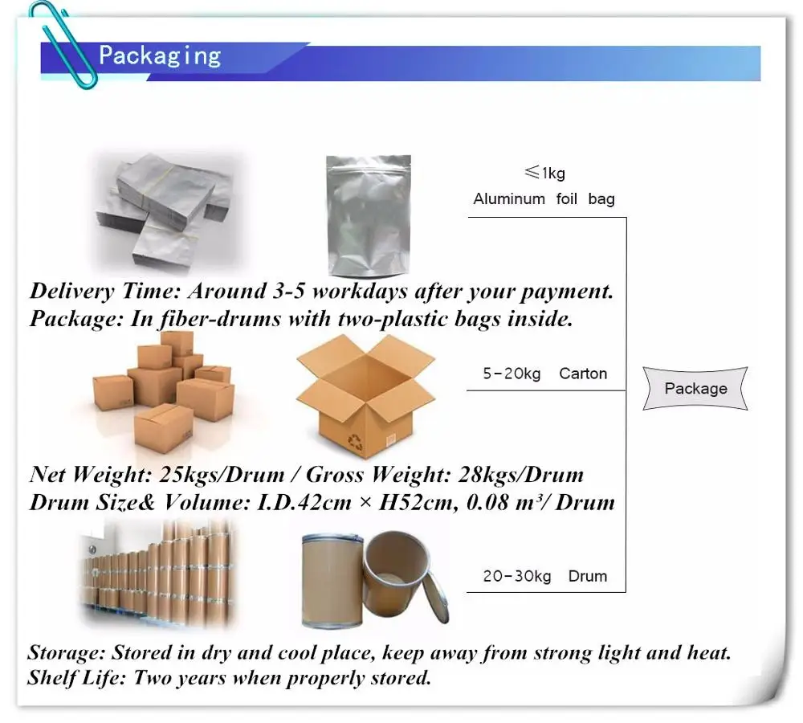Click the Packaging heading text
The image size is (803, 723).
(159, 55)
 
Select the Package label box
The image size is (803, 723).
(695, 389)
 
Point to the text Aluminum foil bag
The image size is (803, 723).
(544, 199)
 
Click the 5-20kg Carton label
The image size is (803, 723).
(544, 374)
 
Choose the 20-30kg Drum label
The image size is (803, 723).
(544, 576)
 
